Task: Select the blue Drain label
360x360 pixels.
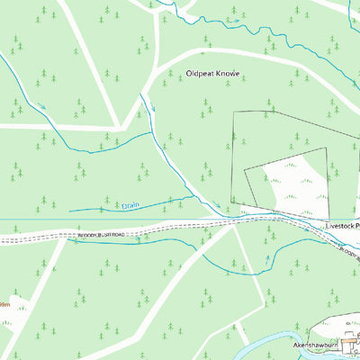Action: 132,205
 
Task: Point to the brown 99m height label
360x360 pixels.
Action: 5,305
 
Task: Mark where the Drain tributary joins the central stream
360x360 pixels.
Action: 193,197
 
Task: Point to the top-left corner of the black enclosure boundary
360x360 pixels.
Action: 234,112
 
